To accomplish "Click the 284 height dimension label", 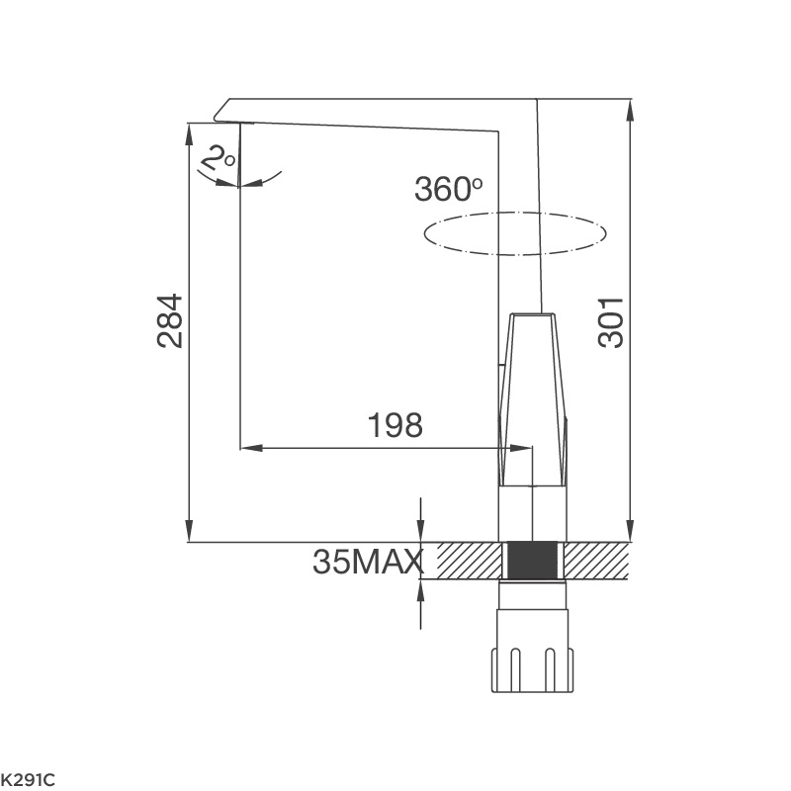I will pyautogui.click(x=170, y=320).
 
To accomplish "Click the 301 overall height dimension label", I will pyautogui.click(x=612, y=320).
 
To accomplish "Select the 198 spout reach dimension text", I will pyautogui.click(x=395, y=425).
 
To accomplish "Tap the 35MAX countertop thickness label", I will pyautogui.click(x=367, y=562).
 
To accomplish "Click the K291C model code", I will pyautogui.click(x=28, y=780).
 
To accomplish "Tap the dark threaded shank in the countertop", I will pyautogui.click(x=533, y=561).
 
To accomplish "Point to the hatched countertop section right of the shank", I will pyautogui.click(x=596, y=561).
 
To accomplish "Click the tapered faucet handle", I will pyautogui.click(x=533, y=395).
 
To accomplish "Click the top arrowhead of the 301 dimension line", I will pyautogui.click(x=631, y=106).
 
